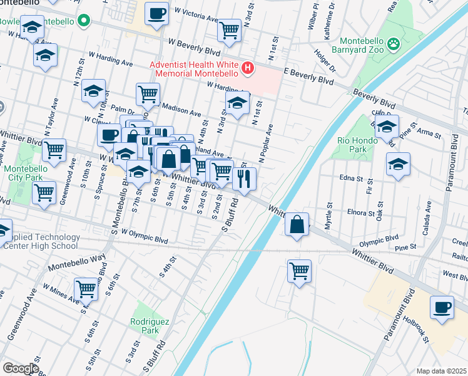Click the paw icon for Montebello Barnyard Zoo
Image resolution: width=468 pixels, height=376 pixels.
click(x=394, y=43)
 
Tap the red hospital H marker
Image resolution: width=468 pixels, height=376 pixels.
click(x=249, y=68)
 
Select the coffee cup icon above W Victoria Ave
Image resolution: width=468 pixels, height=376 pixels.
click(x=156, y=13)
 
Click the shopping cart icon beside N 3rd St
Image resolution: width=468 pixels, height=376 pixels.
click(x=230, y=29)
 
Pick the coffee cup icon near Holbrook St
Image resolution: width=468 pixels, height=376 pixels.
click(x=442, y=307)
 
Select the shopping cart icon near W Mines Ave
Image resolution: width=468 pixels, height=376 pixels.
click(x=86, y=289)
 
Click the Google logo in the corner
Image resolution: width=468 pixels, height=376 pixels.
click(x=20, y=368)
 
